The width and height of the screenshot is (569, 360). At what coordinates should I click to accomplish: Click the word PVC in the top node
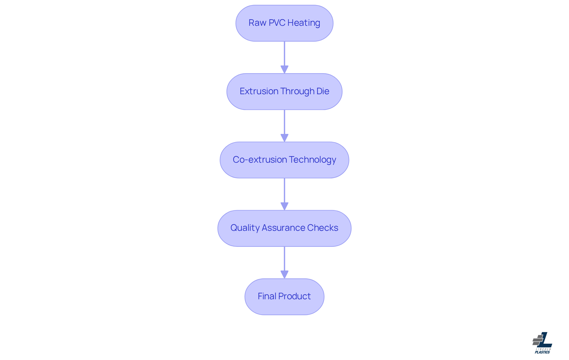pyautogui.click(x=277, y=23)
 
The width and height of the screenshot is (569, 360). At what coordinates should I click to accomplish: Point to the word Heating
pyautogui.click(x=304, y=23)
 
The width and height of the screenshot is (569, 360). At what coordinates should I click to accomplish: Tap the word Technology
pyautogui.click(x=312, y=160)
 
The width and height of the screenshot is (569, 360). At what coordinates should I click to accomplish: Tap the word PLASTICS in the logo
pyautogui.click(x=542, y=352)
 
